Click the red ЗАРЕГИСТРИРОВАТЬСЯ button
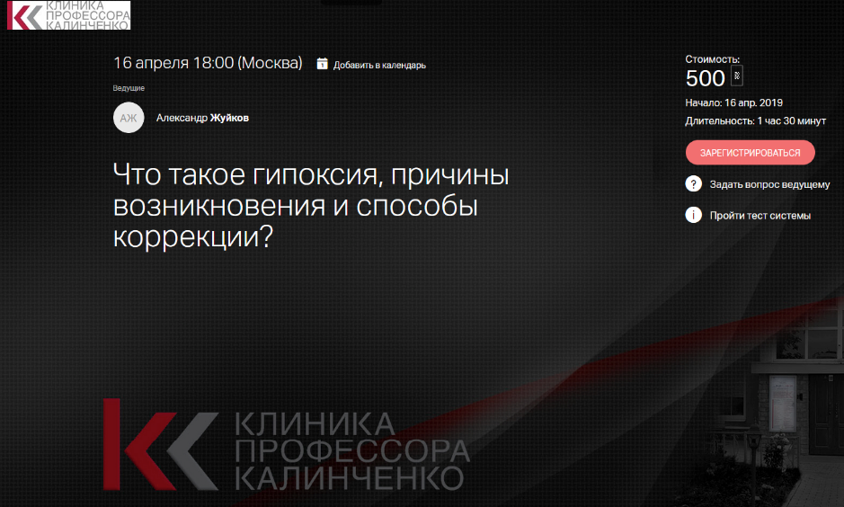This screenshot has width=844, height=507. point(750,153)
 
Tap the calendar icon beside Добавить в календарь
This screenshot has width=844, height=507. point(322,64)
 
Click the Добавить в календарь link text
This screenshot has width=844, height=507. point(379,65)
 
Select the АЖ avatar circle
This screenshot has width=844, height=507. point(129,118)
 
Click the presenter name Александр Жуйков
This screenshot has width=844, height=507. point(202,118)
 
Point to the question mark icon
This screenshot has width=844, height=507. point(694,184)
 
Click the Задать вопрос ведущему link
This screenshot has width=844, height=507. point(769,185)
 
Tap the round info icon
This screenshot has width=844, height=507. point(694,215)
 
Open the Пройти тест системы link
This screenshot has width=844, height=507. point(760,216)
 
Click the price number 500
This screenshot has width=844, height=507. point(705,78)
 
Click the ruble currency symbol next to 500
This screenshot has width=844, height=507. point(737,76)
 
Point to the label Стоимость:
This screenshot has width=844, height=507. point(712,59)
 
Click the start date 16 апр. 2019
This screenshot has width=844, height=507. point(753,102)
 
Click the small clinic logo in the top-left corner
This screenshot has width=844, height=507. point(67,15)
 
